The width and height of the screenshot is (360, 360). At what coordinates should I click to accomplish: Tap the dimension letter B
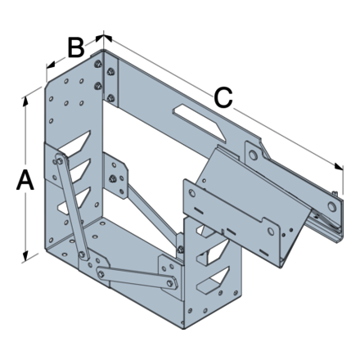pos(75,47)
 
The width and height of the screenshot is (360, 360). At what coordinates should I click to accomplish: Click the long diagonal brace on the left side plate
pos(71,209)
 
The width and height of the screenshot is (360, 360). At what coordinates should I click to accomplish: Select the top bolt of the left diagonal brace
pos(58,161)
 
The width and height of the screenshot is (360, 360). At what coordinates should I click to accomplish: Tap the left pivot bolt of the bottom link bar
pos(101,272)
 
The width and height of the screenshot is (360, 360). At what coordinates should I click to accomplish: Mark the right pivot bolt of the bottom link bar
pos(170,283)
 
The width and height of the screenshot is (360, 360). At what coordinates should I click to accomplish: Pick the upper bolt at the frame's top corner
pos(99,68)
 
